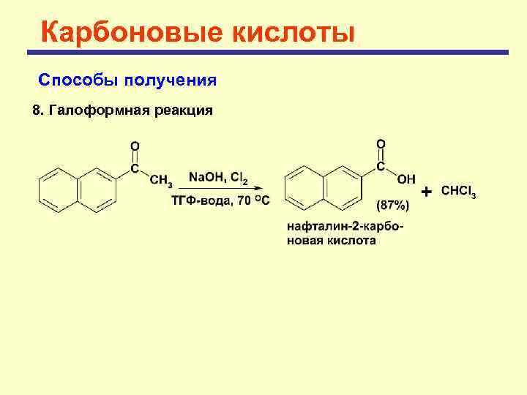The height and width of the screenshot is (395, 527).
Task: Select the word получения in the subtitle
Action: click(171, 79)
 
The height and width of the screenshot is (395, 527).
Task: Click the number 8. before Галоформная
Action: click(39, 111)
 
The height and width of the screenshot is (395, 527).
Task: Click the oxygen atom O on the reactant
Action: click(135, 146)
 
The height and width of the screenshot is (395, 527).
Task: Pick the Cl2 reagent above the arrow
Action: click(239, 178)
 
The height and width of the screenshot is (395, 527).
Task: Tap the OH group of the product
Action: click(406, 178)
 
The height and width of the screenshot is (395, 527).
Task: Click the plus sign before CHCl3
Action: click(427, 192)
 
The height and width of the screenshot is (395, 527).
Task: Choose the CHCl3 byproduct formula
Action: click(459, 192)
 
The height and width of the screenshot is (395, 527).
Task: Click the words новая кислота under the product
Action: click(331, 240)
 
